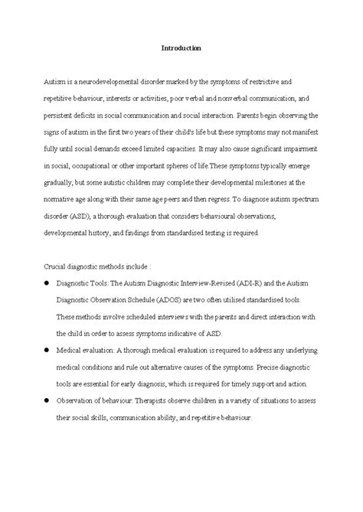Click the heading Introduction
coord(181,47)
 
